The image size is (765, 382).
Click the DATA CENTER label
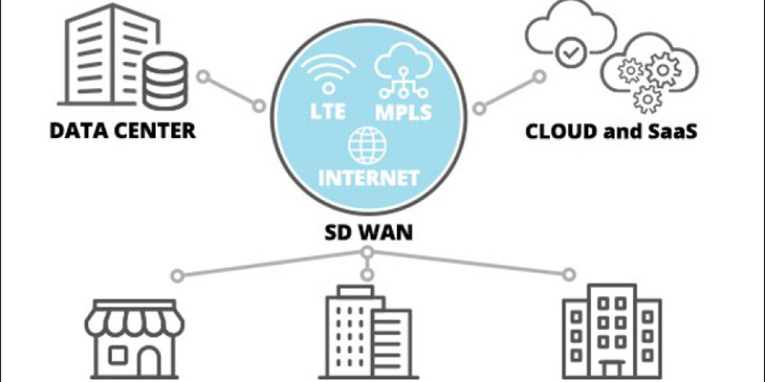click(x=123, y=131)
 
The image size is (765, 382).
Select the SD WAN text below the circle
click(x=367, y=232)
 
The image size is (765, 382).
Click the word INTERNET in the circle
click(x=369, y=176)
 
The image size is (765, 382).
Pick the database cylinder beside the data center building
click(x=165, y=80)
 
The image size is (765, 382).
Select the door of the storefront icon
click(x=149, y=362)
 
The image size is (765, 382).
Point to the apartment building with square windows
click(x=611, y=331)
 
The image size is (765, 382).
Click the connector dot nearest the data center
click(x=203, y=77)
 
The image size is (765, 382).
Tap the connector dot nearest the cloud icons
click(x=539, y=77)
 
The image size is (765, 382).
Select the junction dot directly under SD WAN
click(x=367, y=252)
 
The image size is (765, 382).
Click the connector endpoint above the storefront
click(x=178, y=275)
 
